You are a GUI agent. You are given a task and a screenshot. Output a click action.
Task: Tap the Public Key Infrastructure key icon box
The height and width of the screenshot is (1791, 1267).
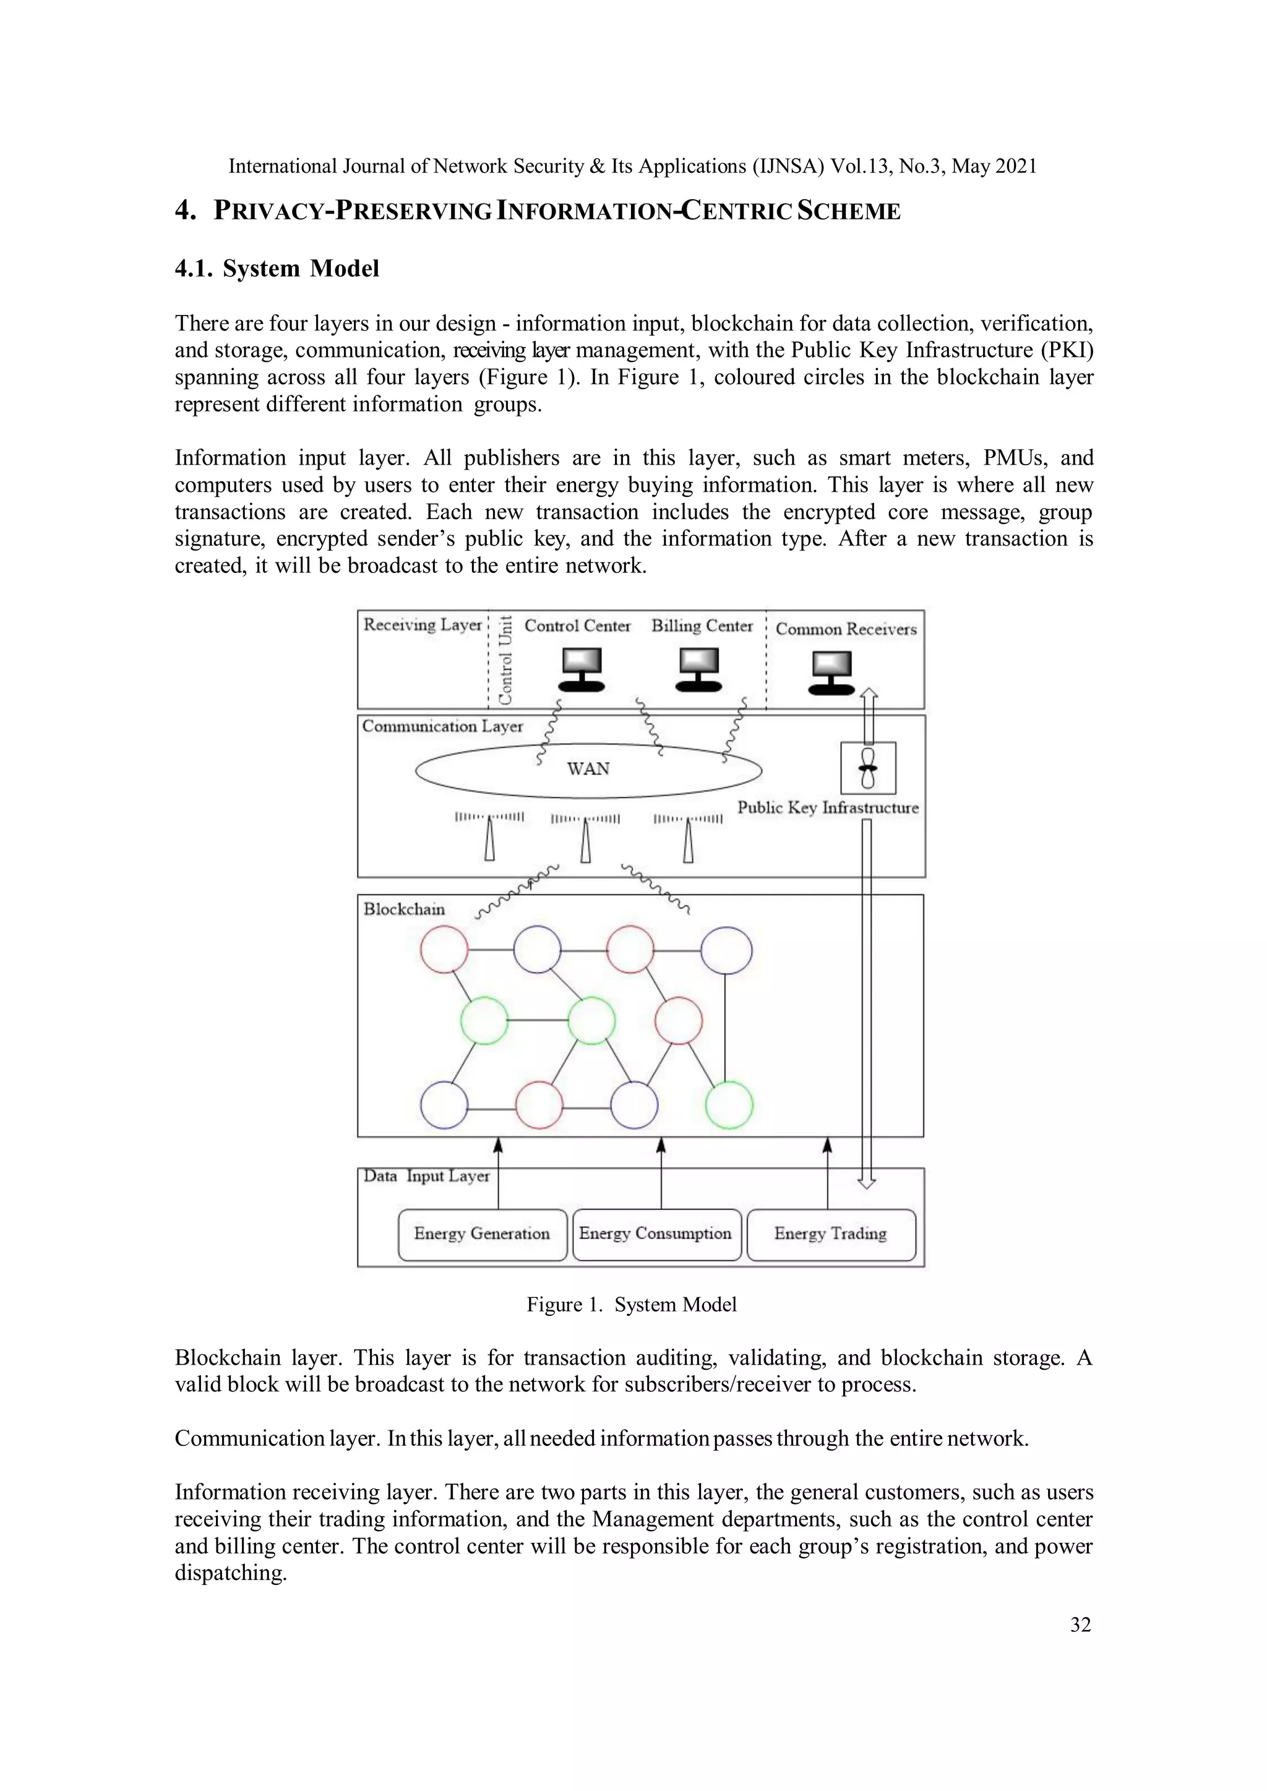pos(867,768)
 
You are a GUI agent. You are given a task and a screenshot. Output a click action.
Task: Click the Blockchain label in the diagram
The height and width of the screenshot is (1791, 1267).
pos(404,909)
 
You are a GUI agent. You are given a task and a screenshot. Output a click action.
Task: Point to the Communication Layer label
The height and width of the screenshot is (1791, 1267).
pos(442,726)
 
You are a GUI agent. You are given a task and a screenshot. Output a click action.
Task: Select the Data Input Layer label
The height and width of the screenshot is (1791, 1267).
pos(427,1176)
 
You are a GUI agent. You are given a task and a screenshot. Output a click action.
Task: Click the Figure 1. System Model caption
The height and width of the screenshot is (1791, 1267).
pos(631,1305)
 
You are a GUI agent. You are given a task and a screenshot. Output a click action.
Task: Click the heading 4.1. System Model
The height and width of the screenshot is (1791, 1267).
pos(277,268)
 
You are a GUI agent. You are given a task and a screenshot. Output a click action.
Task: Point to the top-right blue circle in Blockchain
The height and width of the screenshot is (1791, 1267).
pos(726,951)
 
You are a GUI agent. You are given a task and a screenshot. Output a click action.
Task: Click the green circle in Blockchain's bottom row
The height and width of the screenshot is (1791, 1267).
pos(729,1104)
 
